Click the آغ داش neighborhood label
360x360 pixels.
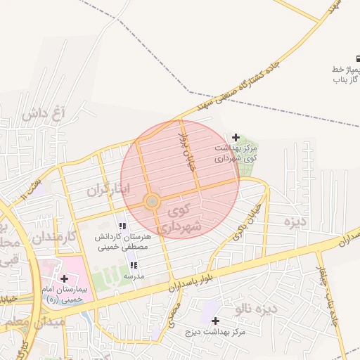point(43,113)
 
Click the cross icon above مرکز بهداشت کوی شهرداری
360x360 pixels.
point(236,137)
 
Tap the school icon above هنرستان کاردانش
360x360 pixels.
point(122,226)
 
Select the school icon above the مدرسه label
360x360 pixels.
point(134,266)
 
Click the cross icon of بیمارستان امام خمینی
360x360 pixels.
point(65,279)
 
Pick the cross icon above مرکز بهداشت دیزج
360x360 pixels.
point(215,321)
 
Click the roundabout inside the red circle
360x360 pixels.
point(151,202)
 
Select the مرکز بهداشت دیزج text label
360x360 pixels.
point(214,331)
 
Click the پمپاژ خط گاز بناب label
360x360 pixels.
point(347,75)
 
